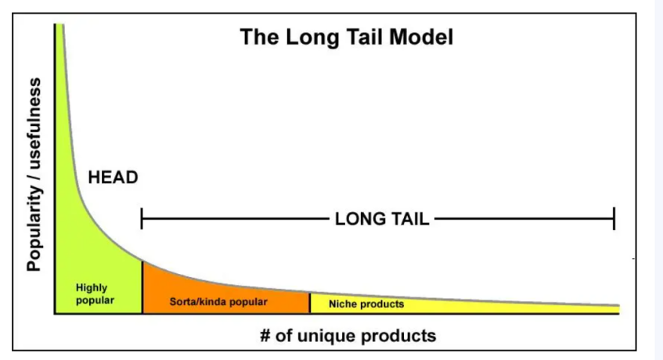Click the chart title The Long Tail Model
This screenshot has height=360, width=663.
tap(346, 37)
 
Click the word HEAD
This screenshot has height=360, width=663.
tap(113, 178)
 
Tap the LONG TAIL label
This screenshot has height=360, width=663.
tap(382, 219)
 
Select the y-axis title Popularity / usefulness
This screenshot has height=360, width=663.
tap(34, 174)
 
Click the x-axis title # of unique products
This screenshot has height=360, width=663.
tap(348, 336)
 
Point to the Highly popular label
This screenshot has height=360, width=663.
tap(95, 293)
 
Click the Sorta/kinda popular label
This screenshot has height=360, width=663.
tap(218, 301)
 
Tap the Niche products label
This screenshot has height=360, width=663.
tap(366, 304)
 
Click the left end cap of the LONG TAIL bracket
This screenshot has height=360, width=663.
tap(142, 219)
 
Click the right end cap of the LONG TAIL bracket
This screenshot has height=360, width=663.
tap(614, 219)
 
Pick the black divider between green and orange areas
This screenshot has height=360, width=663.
tap(142, 287)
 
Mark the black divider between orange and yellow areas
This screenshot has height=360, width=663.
tap(310, 303)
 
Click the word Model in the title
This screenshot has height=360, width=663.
tap(421, 37)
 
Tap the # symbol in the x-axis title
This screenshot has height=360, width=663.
tap(265, 336)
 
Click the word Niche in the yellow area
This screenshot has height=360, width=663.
tap(341, 304)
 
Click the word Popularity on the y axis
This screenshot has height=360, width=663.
tap(34, 229)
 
